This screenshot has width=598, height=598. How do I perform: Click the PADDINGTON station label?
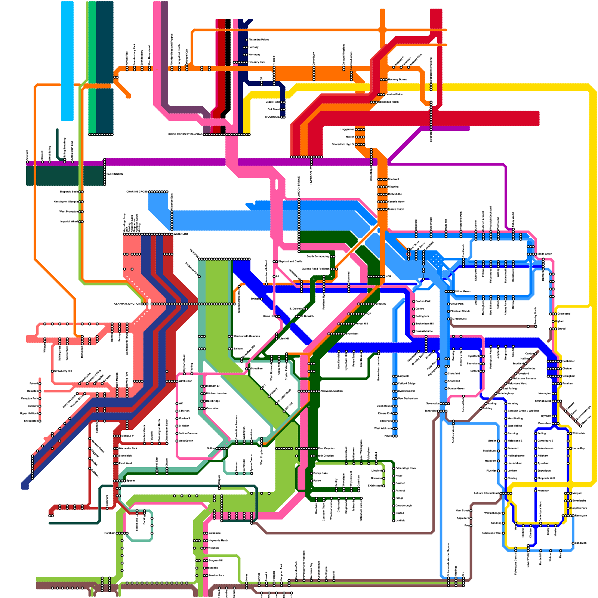pos(114,174)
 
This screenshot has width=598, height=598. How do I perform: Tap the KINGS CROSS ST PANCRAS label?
pos(185,134)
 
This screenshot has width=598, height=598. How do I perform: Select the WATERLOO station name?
pos(181,234)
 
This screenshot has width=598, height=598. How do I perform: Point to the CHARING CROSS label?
pos(137,192)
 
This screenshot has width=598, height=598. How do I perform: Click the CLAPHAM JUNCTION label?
pos(127,304)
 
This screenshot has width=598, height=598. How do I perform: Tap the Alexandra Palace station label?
pos(259,40)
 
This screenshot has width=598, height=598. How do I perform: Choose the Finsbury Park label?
pos(257,62)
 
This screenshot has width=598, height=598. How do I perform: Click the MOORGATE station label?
pos(272,117)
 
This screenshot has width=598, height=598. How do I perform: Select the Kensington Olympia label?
pos(66,202)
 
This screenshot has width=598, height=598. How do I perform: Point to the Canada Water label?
pos(396,201)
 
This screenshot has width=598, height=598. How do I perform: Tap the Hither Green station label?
pos(463,291)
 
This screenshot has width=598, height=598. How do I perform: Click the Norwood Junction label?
pos(332,391)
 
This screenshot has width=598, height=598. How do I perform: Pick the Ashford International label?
pos(486,493)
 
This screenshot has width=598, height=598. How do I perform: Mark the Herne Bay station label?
pos(579,448)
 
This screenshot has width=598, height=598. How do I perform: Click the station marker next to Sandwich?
pos(573,543)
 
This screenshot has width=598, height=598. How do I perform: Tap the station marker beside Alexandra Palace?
pos(247,40)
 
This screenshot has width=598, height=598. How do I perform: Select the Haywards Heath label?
pos(218,540)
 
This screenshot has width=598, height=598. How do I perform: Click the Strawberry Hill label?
pos(63,371)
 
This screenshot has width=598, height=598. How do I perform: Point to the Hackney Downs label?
pos(397,80)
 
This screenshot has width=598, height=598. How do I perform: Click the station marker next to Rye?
pos(471,525)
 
